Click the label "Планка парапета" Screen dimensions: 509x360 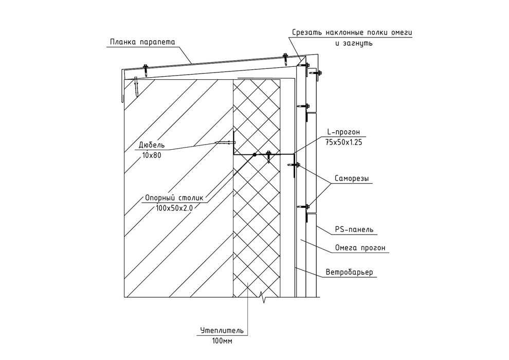(142, 42)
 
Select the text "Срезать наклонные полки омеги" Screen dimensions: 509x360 (352, 33)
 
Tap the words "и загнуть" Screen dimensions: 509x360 (354, 43)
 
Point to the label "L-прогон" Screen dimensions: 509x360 (343, 132)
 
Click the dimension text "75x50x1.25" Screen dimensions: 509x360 (343, 142)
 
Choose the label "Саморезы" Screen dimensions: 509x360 (352, 178)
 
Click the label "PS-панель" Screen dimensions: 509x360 (354, 229)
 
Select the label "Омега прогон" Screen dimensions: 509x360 (360, 248)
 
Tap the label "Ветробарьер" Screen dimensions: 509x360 (349, 272)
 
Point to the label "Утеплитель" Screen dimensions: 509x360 (222, 331)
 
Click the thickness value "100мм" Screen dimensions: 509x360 (222, 341)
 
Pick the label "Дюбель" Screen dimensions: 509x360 (152, 145)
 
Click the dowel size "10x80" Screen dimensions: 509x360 (152, 155)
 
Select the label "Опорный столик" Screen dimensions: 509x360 (174, 197)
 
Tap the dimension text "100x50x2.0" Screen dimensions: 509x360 (174, 208)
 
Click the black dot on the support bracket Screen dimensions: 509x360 (254, 154)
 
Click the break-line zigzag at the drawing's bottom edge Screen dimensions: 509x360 (263, 297)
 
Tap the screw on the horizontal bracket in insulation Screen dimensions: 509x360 (268, 156)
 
